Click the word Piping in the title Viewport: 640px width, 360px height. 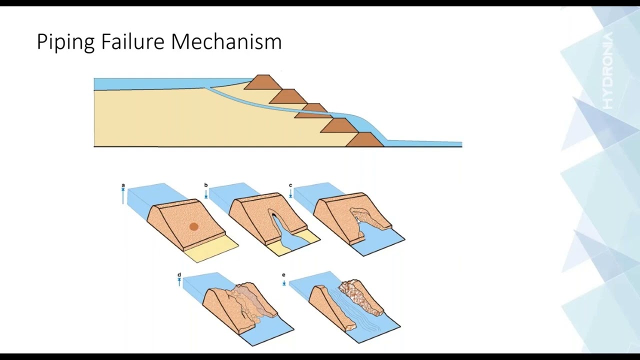pyautogui.click(x=65, y=42)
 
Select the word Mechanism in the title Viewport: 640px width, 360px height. pyautogui.click(x=226, y=41)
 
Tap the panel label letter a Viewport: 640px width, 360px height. pyautogui.click(x=123, y=185)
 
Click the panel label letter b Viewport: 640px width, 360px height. pyautogui.click(x=205, y=185)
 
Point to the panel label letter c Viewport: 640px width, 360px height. pyautogui.click(x=290, y=185)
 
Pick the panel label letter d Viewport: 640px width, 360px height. pyautogui.click(x=179, y=275)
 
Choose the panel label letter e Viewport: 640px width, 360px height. pyautogui.click(x=283, y=275)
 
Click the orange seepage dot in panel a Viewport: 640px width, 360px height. pyautogui.click(x=194, y=227)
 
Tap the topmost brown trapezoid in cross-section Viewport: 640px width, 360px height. pyautogui.click(x=263, y=82)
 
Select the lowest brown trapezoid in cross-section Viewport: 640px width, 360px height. pyautogui.click(x=364, y=139)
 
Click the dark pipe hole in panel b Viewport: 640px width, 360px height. pyautogui.click(x=273, y=216)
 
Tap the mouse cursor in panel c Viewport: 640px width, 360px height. pyautogui.click(x=358, y=221)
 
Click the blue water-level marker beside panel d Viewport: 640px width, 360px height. pyautogui.click(x=179, y=282)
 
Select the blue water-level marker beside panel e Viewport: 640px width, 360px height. pyautogui.click(x=283, y=283)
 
